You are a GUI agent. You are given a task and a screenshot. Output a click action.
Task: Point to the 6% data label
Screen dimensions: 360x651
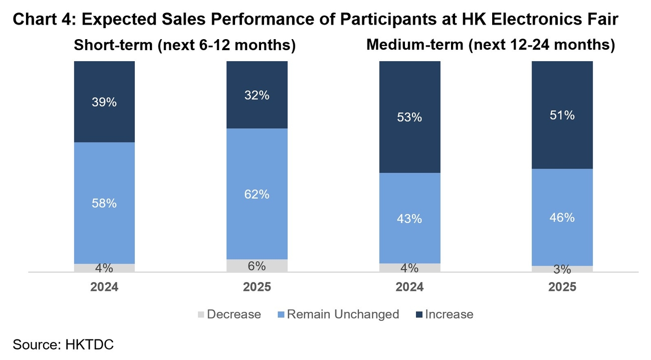(257, 266)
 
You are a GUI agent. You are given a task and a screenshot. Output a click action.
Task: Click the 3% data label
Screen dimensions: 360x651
(562, 270)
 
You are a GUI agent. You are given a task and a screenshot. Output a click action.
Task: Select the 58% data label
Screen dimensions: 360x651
(104, 204)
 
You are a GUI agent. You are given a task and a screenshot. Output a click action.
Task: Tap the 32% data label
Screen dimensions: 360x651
(257, 95)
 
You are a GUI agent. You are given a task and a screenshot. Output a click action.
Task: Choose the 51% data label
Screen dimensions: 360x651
(562, 115)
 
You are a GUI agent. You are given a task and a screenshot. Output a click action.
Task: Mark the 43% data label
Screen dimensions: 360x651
(409, 219)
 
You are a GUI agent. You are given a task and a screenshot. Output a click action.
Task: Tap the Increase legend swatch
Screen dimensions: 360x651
(418, 315)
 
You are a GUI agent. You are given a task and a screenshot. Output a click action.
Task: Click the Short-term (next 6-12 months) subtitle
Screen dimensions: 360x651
(185, 45)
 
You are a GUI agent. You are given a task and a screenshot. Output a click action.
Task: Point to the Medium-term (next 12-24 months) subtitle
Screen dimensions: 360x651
(491, 45)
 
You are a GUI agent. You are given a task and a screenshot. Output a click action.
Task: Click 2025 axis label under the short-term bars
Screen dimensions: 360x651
(257, 287)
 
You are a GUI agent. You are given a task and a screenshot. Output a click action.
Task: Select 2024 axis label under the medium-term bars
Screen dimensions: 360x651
(409, 287)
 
